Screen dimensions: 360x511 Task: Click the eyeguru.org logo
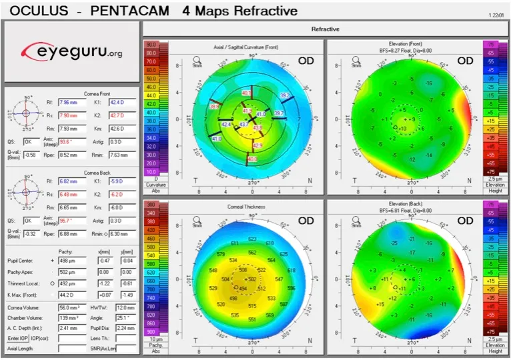[71, 51]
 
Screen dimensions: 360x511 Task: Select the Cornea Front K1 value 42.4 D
[123, 103]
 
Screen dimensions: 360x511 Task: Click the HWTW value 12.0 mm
[123, 308]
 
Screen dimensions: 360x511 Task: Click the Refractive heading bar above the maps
[326, 29]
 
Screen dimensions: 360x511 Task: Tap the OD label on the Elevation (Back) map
[465, 221]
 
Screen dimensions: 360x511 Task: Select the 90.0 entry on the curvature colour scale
[151, 44]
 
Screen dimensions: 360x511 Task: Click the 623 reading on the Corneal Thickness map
[252, 238]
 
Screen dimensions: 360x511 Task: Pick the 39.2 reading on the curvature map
[284, 96]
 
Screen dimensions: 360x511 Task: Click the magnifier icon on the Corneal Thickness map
[197, 218]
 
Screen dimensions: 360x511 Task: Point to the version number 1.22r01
[495, 14]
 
